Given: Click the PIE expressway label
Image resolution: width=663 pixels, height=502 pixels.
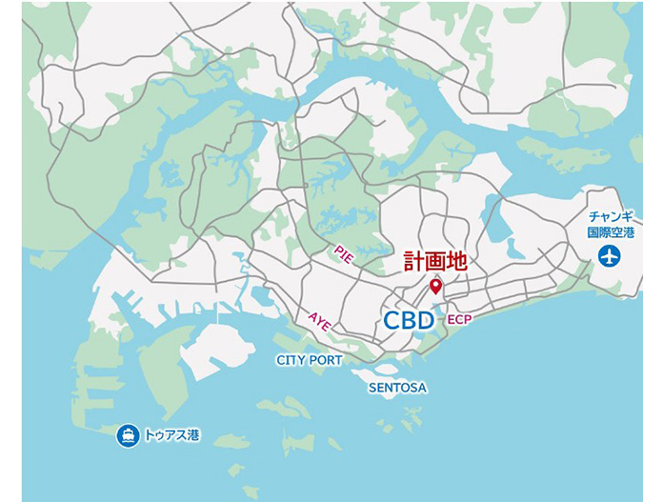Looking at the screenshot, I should coord(344,253).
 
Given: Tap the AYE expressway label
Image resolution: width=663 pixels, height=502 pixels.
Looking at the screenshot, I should coord(320,321).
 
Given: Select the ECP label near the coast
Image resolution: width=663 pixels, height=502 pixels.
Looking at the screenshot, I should coord(458,319).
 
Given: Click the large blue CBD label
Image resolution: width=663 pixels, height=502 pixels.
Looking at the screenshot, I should coord(409,320).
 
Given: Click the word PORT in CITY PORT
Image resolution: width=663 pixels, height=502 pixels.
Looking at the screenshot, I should coord(326,360).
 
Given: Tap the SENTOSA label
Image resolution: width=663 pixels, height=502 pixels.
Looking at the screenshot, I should coord(397,388).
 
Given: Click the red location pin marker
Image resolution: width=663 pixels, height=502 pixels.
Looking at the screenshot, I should coord(435,286).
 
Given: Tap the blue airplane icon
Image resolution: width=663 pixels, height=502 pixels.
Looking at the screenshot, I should coord(608,255).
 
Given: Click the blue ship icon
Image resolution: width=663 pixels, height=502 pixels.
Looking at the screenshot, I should coord(127,436).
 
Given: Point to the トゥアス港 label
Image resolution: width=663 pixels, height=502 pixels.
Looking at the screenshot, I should coord(172,436).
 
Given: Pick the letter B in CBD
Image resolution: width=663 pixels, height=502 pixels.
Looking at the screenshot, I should coord(409,320).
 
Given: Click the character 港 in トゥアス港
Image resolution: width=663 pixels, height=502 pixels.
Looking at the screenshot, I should coord(193,436).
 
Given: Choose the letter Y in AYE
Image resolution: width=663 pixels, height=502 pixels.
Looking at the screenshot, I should coord(320,321).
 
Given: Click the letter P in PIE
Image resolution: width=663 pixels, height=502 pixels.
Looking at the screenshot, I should coord(337,248).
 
